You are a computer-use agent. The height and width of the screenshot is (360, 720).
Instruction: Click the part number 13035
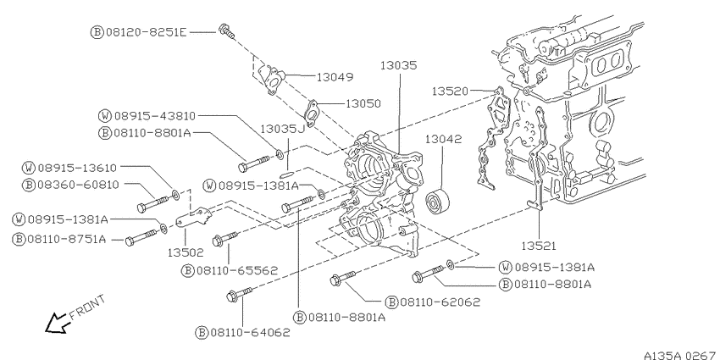click(x=399, y=66)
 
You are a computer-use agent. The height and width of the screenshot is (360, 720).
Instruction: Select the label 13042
click(x=443, y=139)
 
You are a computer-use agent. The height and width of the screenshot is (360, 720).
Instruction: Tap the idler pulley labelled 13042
click(x=437, y=201)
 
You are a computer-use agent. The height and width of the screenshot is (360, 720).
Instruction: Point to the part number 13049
click(x=335, y=77)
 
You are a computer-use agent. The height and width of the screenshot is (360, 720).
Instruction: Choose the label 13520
click(x=450, y=91)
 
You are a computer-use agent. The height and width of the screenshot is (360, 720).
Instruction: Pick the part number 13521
click(x=539, y=246)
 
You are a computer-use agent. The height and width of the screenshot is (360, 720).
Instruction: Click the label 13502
click(x=186, y=252)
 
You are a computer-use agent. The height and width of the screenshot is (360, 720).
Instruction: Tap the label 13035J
click(x=283, y=129)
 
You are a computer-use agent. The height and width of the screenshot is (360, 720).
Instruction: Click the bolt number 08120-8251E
click(x=147, y=32)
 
